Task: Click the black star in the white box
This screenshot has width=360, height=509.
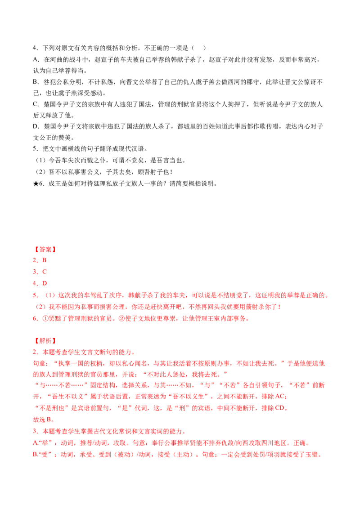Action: [36, 182]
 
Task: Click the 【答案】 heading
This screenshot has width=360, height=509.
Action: [45, 250]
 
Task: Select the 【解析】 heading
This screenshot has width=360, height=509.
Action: [45, 341]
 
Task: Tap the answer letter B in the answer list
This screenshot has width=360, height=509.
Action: [44, 260]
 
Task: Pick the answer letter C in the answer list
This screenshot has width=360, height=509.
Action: [44, 272]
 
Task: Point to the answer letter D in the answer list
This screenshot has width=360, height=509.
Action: [44, 283]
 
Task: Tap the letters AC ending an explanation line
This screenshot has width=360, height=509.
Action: [280, 397]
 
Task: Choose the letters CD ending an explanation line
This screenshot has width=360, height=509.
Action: [280, 408]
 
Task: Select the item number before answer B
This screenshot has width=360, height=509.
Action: [35, 260]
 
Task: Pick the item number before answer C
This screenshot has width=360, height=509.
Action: [35, 272]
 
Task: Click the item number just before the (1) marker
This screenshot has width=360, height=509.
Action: [35, 295]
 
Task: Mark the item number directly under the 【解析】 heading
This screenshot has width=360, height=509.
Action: [35, 352]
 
